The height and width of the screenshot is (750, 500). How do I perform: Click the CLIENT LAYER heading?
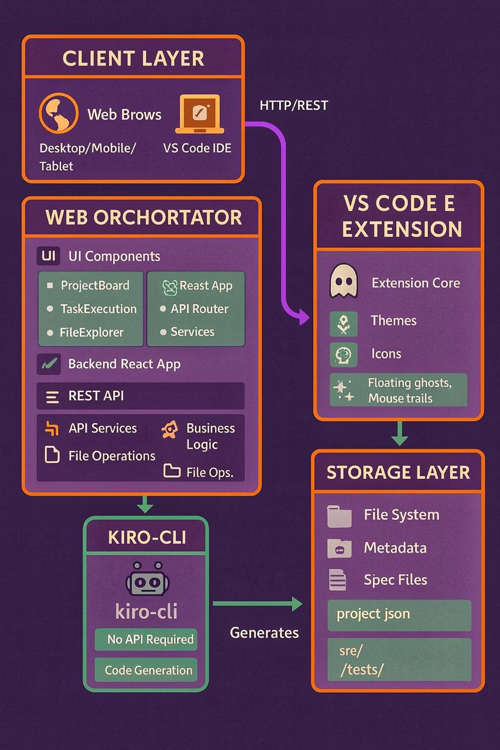point(133,59)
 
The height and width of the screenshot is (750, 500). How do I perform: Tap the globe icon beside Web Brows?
point(58,114)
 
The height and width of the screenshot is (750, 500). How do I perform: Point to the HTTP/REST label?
point(294,105)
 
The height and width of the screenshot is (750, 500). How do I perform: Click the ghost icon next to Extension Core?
point(344,282)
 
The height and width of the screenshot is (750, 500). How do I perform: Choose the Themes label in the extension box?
point(393,321)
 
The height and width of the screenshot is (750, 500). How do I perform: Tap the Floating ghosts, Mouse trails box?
point(399,390)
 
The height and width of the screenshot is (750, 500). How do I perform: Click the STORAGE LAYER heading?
point(398,473)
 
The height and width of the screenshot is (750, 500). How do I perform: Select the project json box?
point(399,615)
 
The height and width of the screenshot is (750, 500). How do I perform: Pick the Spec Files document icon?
point(338,579)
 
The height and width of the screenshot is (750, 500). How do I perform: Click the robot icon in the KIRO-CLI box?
point(147,581)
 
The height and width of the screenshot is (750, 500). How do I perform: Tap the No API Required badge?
point(147,639)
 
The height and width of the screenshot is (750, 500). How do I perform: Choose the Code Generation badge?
point(147,670)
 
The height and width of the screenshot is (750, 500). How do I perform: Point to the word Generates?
point(264,632)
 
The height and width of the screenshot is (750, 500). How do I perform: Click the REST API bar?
point(141,396)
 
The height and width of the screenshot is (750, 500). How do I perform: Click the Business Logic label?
point(210,436)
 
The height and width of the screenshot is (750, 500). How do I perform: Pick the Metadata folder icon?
point(339,548)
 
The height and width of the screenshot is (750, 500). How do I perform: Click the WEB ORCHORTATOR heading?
point(144,217)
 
